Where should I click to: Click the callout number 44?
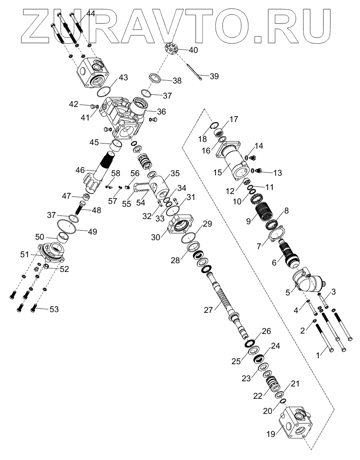[x=91, y=14]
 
